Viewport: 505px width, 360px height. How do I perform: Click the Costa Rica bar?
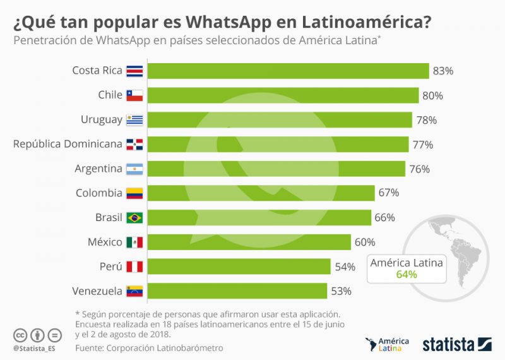tap(288, 71)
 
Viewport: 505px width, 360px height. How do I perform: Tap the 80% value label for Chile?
tap(433, 95)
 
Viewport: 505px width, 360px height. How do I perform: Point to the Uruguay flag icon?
tap(134, 120)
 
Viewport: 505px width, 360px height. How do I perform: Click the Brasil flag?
tap(134, 218)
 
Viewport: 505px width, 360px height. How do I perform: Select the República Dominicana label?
tap(68, 144)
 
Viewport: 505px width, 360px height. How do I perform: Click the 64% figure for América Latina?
tap(407, 274)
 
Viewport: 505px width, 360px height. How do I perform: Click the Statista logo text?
tap(448, 344)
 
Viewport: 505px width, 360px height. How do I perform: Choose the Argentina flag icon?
tap(134, 169)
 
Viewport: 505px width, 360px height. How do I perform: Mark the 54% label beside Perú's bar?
tap(345, 267)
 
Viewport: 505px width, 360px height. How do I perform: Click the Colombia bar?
tap(261, 193)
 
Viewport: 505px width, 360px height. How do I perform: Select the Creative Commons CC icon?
tap(20, 335)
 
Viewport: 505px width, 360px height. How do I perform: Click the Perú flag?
tap(134, 267)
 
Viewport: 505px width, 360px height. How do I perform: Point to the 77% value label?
tap(422, 145)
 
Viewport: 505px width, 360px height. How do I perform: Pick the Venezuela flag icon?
tap(134, 291)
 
